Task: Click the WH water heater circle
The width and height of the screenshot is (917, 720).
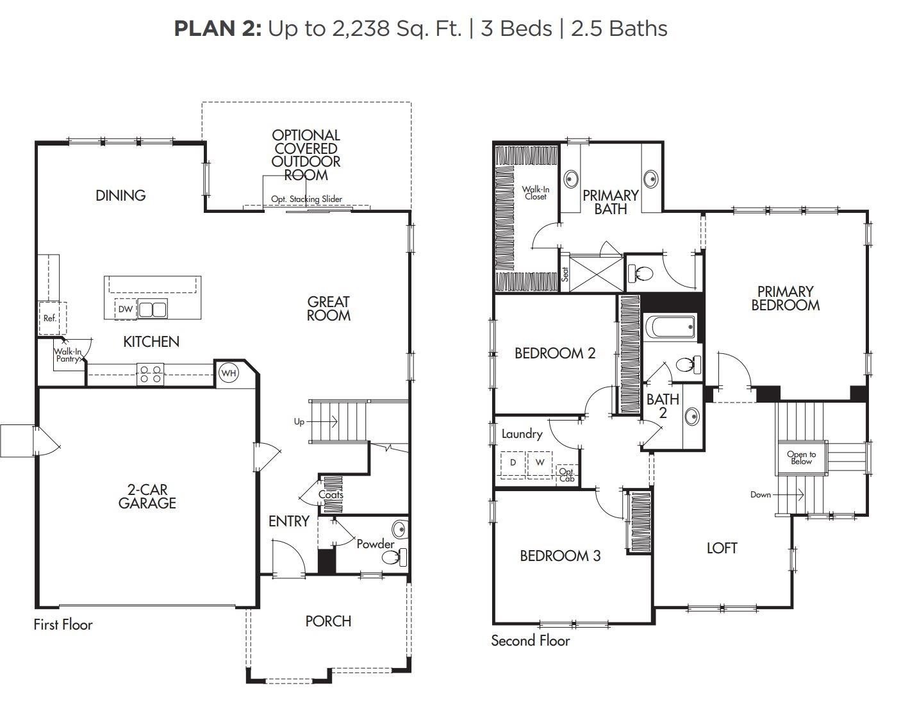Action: tap(229, 373)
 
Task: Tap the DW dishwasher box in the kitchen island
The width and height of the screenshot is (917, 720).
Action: tap(126, 309)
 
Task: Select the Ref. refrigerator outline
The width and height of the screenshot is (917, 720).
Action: tap(53, 318)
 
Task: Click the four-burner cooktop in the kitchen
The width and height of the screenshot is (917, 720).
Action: tap(150, 374)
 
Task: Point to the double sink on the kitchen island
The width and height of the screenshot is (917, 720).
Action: tap(153, 309)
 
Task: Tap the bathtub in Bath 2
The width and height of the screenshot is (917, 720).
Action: tap(670, 327)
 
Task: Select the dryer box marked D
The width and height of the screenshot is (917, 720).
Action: tap(513, 465)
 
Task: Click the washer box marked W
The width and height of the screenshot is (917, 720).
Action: tap(540, 465)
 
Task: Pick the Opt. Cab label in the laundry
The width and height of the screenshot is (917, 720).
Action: tap(566, 475)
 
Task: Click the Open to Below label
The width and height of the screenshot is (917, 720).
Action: tap(802, 458)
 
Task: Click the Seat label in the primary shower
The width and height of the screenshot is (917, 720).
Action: tap(565, 274)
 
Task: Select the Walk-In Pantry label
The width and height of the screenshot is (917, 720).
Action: tap(67, 355)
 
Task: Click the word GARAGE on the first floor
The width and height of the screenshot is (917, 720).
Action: tap(147, 503)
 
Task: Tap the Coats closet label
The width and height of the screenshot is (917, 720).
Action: tap(331, 494)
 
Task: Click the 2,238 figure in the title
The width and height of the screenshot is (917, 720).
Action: tap(361, 29)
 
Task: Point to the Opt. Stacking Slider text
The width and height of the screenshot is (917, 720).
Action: tap(307, 199)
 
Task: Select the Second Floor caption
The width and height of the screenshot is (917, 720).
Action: tap(531, 640)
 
